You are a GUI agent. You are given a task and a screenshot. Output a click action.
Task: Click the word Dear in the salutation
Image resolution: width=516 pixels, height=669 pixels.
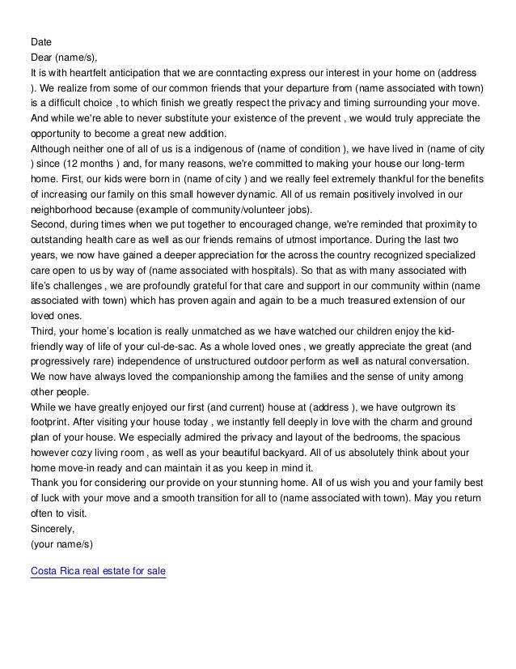[x=41, y=56]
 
